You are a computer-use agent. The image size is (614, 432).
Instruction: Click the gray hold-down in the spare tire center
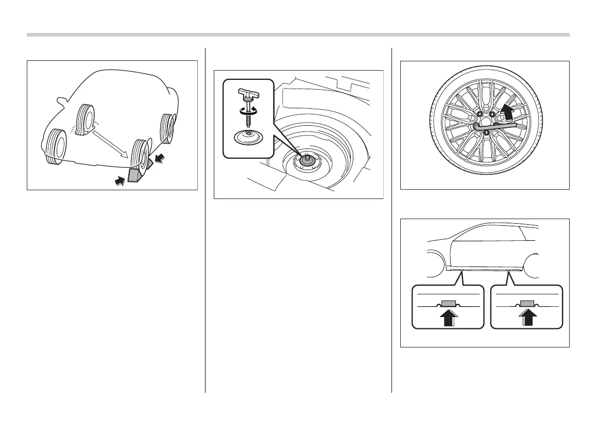point(306,161)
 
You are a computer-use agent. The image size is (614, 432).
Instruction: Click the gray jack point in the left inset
point(448,303)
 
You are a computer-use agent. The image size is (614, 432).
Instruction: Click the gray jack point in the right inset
point(526,303)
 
